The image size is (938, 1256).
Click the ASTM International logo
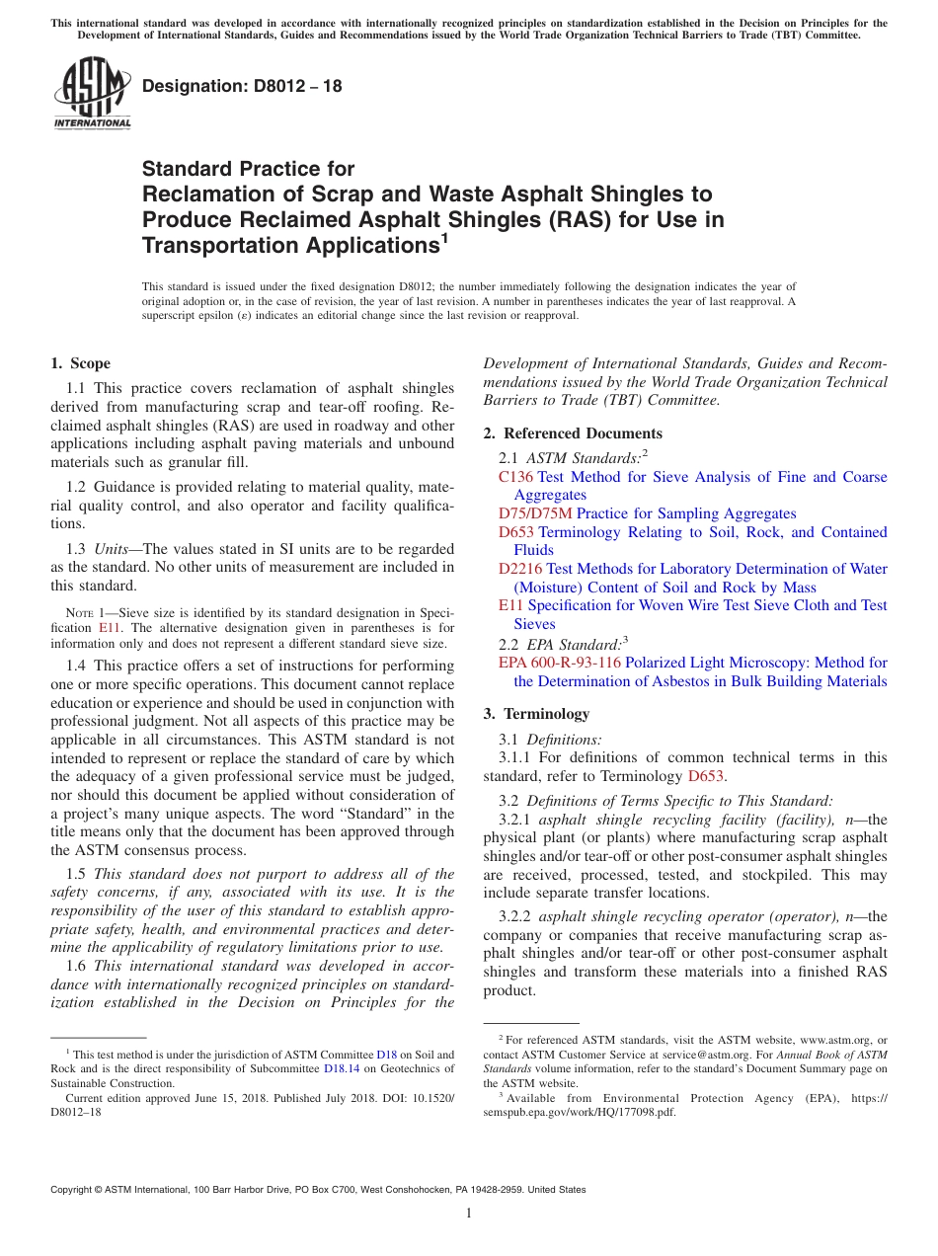pyautogui.click(x=92, y=94)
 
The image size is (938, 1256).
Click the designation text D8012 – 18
pyautogui.click(x=242, y=86)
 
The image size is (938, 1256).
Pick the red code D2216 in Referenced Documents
pyautogui.click(x=520, y=569)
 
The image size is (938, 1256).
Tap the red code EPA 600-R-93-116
pyautogui.click(x=559, y=663)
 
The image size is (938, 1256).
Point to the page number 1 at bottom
pyautogui.click(x=469, y=1214)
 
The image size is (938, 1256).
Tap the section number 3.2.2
pyautogui.click(x=514, y=916)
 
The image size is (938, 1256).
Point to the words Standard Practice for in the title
pyautogui.click(x=248, y=169)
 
